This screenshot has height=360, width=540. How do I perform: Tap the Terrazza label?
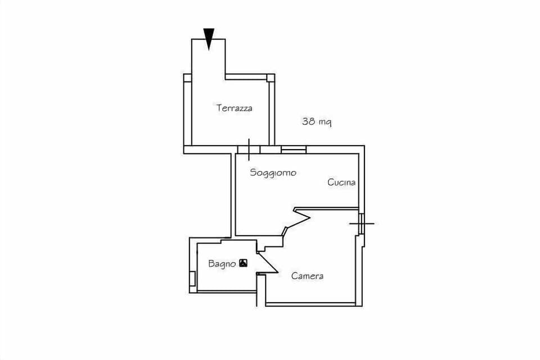[234, 108]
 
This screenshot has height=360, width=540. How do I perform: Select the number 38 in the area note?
[309, 121]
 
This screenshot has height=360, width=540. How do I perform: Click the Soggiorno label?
[273, 173]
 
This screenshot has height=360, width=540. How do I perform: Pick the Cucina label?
[341, 182]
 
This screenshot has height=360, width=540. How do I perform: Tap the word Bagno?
[222, 263]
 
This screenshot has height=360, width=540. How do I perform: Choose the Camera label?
[307, 276]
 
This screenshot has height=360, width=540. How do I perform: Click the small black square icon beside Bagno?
[243, 263]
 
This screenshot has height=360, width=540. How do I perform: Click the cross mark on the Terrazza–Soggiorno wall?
[249, 150]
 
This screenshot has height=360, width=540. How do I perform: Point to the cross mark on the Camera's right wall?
[361, 223]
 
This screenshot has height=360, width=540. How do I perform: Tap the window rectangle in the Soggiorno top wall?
[294, 150]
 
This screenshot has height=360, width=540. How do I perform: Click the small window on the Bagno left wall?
[192, 278]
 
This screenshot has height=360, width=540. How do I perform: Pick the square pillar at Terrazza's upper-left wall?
[187, 78]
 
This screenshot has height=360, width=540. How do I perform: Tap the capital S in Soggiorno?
[253, 173]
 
